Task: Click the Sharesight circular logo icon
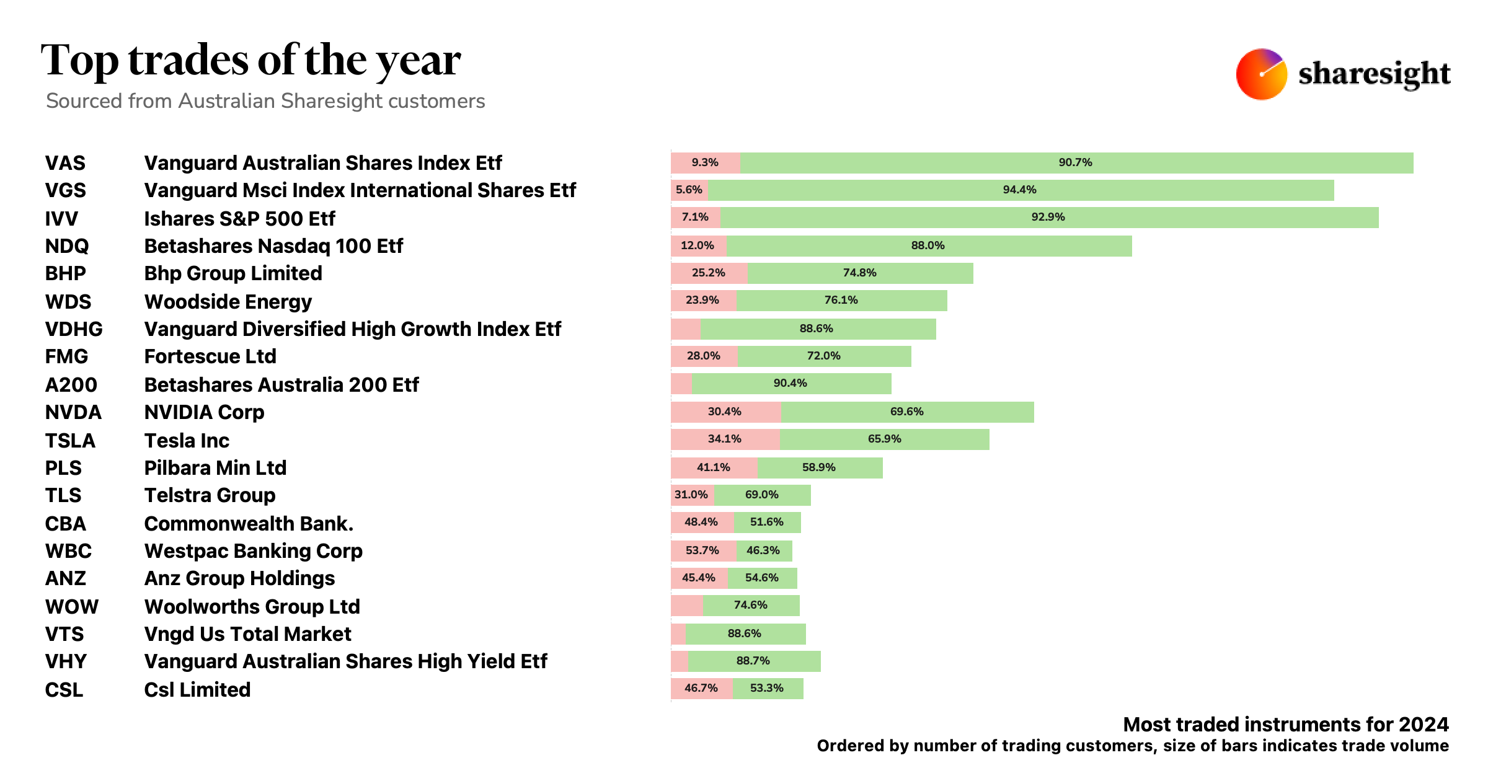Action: coord(1261,74)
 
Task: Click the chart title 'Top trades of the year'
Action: coord(250,61)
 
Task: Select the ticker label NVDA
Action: coord(73,412)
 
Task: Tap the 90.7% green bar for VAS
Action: coord(1076,163)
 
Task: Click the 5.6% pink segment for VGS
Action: coord(689,190)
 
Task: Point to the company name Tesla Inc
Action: coord(187,441)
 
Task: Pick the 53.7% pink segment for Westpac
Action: coord(703,550)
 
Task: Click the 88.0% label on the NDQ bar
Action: coord(928,246)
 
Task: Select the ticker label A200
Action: coord(71,385)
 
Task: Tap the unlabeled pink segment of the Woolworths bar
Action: coord(687,606)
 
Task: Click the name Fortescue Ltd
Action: coord(210,356)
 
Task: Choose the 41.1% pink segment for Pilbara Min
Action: coord(714,468)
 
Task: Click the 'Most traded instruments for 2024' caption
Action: coord(1286,725)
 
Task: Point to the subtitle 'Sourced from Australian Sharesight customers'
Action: coord(265,101)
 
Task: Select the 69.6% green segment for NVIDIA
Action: coord(907,412)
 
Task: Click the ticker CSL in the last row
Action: coord(64,690)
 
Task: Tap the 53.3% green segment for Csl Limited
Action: coord(768,689)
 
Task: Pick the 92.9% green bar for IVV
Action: coord(1049,218)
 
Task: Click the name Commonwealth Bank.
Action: coord(249,524)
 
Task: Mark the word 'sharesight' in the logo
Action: coord(1374,74)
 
